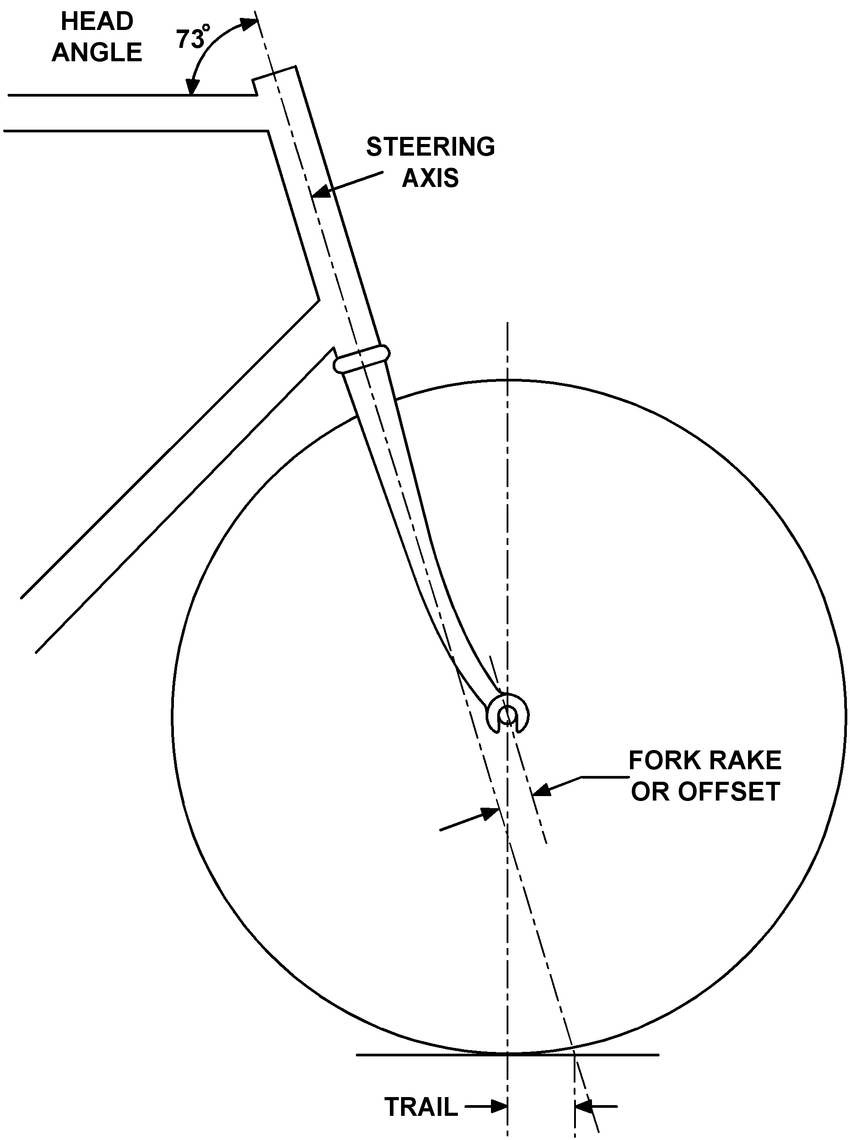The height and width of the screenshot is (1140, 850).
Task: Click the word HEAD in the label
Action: click(97, 21)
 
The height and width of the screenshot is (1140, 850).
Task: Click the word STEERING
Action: click(430, 147)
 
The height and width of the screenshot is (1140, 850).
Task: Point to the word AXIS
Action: click(430, 178)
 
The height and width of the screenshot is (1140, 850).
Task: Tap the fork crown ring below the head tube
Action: click(362, 359)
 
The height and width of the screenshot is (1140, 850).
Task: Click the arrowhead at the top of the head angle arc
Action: click(251, 23)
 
